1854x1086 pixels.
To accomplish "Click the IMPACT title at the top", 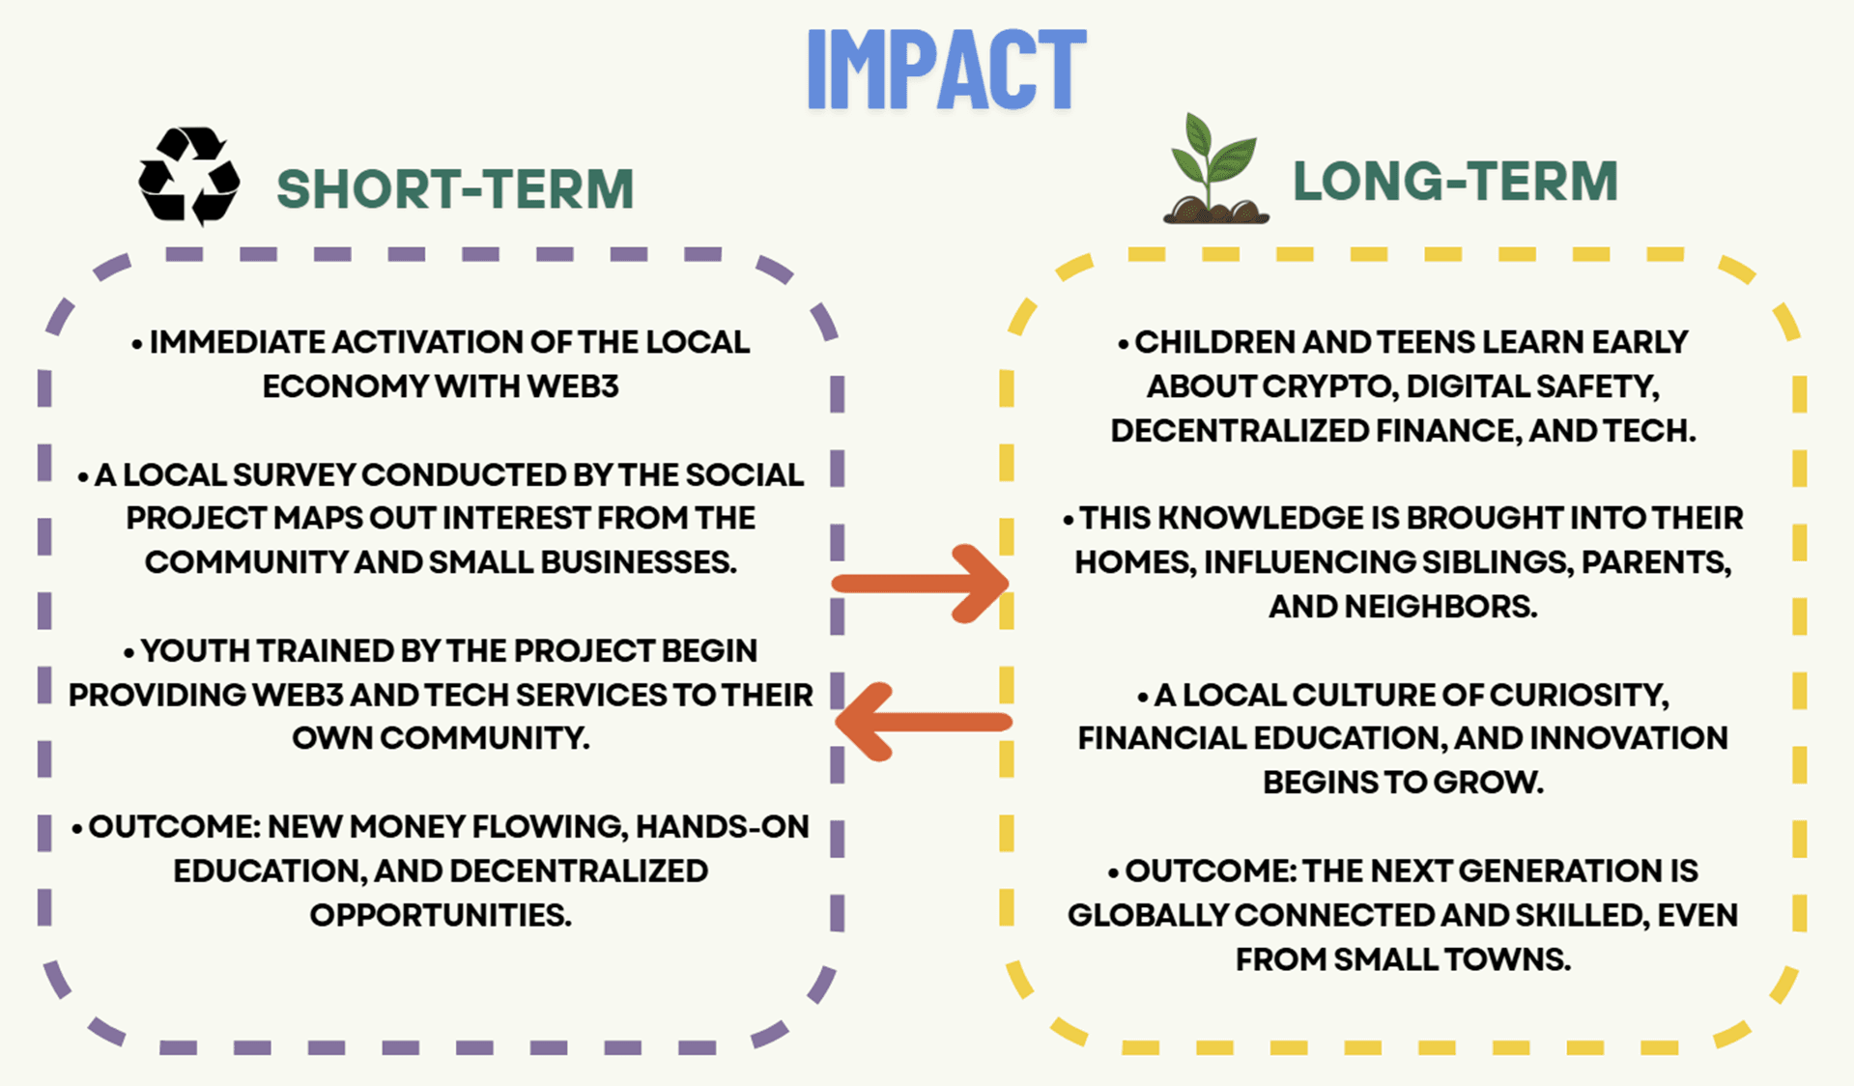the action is pyautogui.click(x=947, y=69).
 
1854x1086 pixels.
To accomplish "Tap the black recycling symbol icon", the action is pyautogui.click(x=189, y=176).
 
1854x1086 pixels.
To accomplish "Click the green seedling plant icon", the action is pyautogui.click(x=1215, y=169).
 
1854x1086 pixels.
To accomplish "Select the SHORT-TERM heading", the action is pyautogui.click(x=455, y=188).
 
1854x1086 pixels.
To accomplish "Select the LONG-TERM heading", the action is pyautogui.click(x=1455, y=182).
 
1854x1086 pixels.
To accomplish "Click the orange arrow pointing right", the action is pyautogui.click(x=921, y=584).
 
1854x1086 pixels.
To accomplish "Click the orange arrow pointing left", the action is pyautogui.click(x=924, y=722).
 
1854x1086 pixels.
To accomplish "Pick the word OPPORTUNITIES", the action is pyautogui.click(x=441, y=914).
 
